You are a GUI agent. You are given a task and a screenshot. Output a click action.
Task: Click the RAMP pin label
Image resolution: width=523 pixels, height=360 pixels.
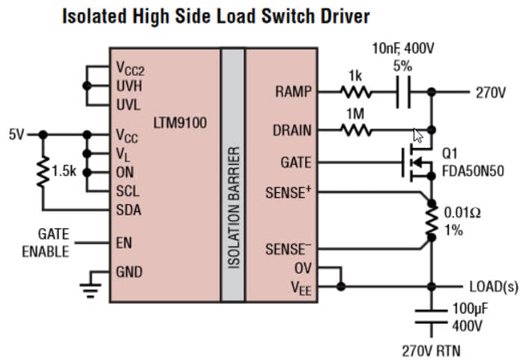(x=291, y=93)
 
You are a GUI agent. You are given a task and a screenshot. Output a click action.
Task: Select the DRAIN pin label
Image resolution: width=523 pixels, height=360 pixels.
(x=291, y=130)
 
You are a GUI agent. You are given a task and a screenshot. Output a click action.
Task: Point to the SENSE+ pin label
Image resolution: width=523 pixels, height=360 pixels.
(x=288, y=192)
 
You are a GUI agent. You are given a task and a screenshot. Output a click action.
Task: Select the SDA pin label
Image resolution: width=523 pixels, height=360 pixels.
(x=128, y=210)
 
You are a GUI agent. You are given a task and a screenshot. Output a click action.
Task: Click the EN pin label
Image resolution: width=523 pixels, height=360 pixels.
(x=123, y=243)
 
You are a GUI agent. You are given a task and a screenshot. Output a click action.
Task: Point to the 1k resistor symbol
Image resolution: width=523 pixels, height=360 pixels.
(x=356, y=93)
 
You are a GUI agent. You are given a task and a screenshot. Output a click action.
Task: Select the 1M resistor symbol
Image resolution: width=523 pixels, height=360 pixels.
(x=356, y=130)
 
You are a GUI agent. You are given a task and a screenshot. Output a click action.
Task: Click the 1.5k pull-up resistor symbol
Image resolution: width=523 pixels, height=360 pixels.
(x=43, y=171)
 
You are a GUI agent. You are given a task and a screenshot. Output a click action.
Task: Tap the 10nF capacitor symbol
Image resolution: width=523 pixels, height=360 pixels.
(x=403, y=93)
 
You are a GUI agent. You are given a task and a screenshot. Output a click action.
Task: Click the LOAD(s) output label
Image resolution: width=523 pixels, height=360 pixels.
(x=493, y=286)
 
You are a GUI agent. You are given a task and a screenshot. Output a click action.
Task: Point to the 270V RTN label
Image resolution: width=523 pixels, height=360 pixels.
(x=431, y=347)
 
